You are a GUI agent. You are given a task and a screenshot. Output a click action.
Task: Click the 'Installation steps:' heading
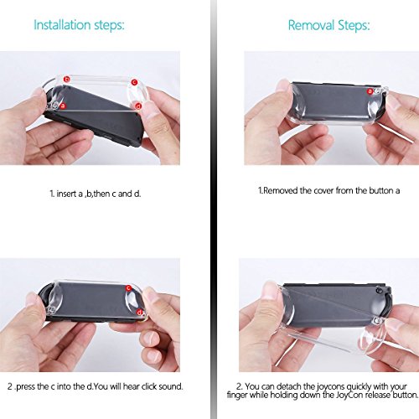click(79, 25)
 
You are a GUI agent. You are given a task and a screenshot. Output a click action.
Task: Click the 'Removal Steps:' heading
click(328, 25)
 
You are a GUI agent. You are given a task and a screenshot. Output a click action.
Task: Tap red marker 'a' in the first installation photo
click(63, 106)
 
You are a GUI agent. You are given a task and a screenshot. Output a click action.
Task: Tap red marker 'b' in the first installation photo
click(66, 80)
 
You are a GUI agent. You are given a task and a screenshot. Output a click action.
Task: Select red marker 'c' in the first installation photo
click(135, 82)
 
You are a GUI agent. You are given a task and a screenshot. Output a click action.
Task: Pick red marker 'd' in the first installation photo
click(138, 106)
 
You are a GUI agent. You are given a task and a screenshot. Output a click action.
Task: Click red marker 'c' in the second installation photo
click(128, 288)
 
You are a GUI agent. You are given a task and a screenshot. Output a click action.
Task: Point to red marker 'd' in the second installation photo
click(139, 313)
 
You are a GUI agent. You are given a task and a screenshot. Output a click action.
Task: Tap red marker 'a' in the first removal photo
click(370, 91)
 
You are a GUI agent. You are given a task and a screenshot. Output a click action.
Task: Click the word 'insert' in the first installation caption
click(66, 194)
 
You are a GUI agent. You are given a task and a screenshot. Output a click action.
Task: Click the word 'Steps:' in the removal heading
click(354, 25)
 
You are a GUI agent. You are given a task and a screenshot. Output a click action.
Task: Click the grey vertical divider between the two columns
click(214, 209)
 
